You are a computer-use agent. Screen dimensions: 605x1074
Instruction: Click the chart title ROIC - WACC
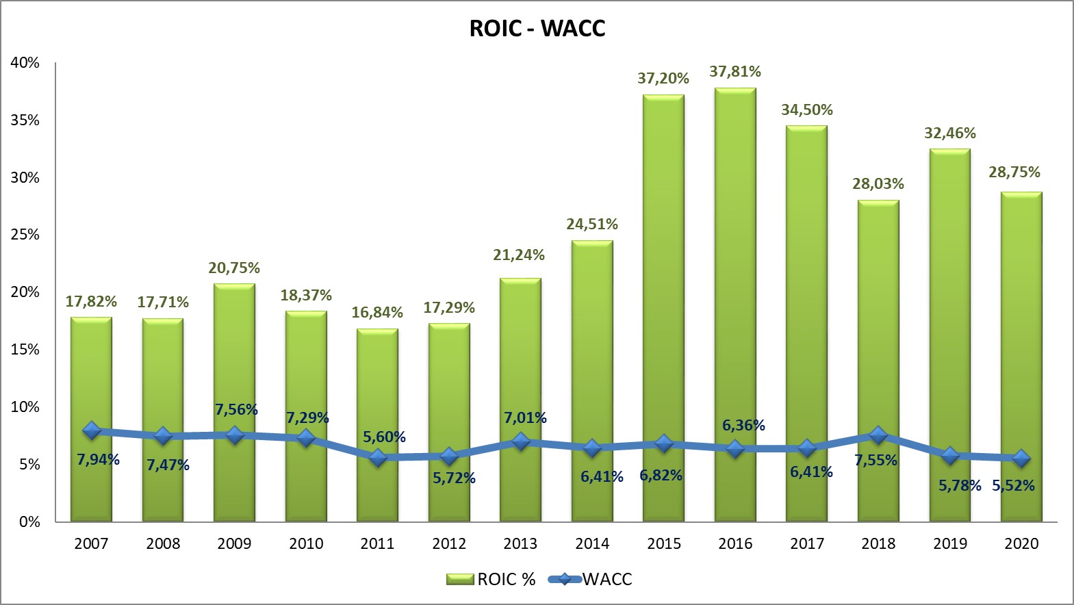pos(537,29)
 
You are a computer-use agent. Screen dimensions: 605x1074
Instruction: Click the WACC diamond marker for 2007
pos(91,430)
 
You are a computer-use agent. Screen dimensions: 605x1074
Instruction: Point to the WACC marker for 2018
pos(878,435)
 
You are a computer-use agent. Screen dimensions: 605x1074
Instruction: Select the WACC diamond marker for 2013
pos(521,441)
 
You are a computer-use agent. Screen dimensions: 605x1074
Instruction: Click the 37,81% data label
pos(735,72)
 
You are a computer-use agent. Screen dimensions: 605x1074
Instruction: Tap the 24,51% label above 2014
pos(592,224)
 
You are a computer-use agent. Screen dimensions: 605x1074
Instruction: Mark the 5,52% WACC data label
pos(1014,486)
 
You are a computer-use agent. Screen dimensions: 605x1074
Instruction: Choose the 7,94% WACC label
pos(98,459)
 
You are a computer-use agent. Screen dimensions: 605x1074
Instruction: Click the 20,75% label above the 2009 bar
pos(234,268)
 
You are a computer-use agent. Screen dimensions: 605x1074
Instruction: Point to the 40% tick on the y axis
pos(25,63)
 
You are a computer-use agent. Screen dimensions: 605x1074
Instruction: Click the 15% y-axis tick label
pos(25,350)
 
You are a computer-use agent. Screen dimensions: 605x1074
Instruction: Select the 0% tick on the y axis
pos(29,522)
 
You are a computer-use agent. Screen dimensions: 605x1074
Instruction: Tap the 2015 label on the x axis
pos(664,544)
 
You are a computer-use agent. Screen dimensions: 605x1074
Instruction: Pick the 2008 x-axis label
pos(163,544)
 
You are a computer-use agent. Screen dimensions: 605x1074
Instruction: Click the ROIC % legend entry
pos(491,580)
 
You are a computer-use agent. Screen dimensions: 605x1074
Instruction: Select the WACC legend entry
pos(591,580)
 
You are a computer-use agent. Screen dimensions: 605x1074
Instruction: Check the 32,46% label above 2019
pos(950,133)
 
